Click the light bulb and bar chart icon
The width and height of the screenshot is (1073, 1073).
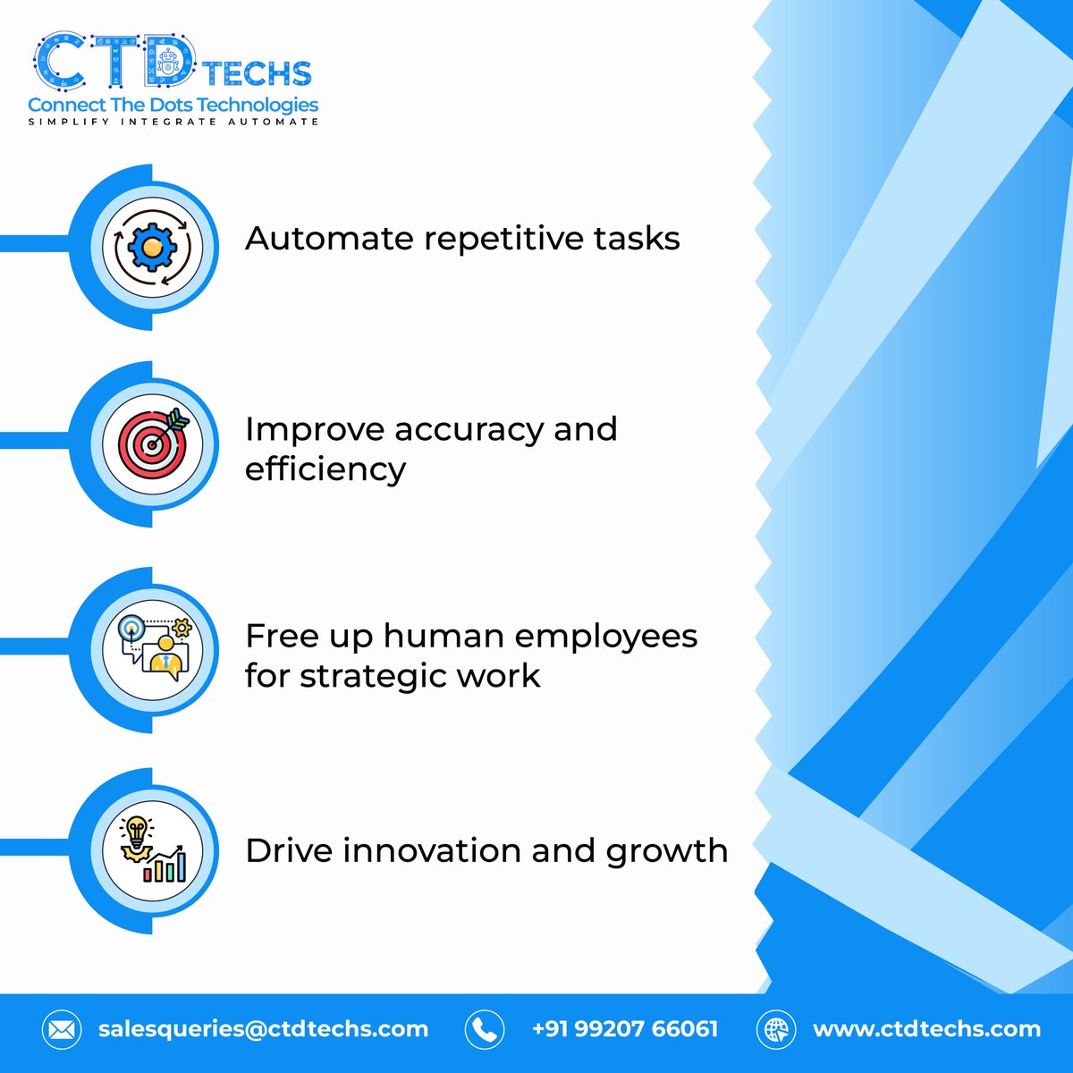point(152,850)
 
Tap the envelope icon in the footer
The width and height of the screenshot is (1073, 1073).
point(62,1030)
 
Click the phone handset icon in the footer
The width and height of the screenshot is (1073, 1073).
point(484,1030)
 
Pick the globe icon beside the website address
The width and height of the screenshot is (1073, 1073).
point(775,1030)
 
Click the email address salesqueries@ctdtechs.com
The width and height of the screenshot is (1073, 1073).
point(263,1029)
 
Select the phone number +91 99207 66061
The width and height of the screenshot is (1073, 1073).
point(624,1029)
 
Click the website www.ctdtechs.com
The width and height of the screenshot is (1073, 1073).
point(926,1029)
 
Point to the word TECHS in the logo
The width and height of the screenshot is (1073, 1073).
point(257,73)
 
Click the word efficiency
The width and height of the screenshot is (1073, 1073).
point(325,469)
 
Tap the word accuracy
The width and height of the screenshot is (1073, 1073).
point(469,430)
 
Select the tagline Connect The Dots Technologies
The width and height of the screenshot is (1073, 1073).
point(173,105)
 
